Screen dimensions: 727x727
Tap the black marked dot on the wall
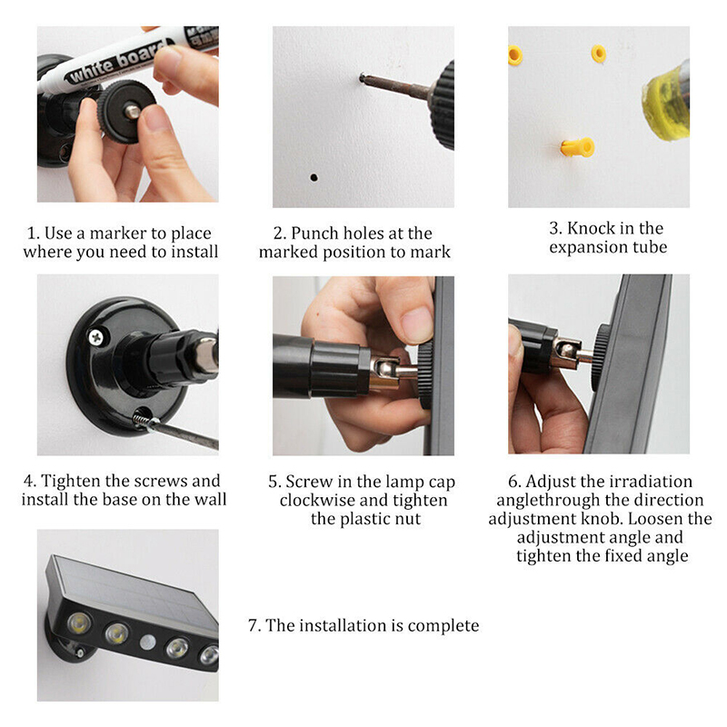coord(314,176)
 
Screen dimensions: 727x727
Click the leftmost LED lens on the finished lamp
coord(75,625)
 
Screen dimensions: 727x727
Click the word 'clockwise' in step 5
coord(317,500)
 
